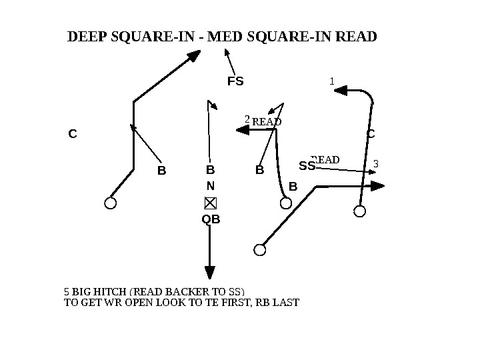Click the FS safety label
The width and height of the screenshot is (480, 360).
point(236,82)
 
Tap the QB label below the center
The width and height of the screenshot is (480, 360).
point(211,219)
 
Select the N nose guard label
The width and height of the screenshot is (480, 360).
point(210,186)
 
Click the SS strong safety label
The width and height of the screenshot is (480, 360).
point(306,165)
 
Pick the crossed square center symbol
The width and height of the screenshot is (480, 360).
point(210,203)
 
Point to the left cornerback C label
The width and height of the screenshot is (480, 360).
point(73,134)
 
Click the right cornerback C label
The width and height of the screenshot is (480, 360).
point(371,135)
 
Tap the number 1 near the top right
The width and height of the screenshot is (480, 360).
point(332,81)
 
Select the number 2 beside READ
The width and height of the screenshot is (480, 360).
point(247,119)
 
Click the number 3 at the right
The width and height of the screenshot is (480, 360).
point(376,163)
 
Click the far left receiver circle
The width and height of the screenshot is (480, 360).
point(111,203)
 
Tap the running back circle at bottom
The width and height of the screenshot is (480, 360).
point(260,250)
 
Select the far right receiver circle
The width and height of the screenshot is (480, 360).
point(360,211)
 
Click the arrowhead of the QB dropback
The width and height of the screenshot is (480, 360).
point(210,273)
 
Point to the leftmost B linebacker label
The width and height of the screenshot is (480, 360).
point(161,171)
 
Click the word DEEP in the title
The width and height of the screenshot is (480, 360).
point(86,36)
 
